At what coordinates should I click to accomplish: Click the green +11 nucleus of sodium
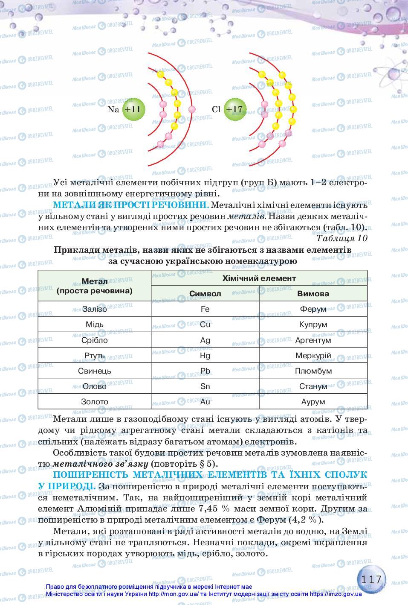(x=133, y=109)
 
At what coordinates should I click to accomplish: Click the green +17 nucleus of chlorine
(x=234, y=109)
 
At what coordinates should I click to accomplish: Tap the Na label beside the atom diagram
(x=113, y=109)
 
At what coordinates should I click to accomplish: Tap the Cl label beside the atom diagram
(x=216, y=109)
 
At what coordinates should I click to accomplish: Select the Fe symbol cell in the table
(x=205, y=309)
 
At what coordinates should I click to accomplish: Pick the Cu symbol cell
(x=205, y=324)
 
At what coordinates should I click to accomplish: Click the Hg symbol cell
(x=205, y=355)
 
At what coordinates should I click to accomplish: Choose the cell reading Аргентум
(x=313, y=340)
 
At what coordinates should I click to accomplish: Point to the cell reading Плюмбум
(x=313, y=371)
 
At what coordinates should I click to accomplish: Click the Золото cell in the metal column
(x=95, y=401)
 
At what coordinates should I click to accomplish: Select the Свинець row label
(x=95, y=371)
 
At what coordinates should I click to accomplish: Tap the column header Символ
(x=205, y=294)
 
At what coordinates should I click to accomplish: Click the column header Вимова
(x=313, y=294)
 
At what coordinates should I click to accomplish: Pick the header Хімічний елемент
(x=259, y=278)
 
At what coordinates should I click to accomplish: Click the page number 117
(x=371, y=580)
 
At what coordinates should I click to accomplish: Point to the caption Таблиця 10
(x=341, y=238)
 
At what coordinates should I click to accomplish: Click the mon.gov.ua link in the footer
(x=173, y=594)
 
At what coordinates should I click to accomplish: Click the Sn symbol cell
(x=205, y=386)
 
